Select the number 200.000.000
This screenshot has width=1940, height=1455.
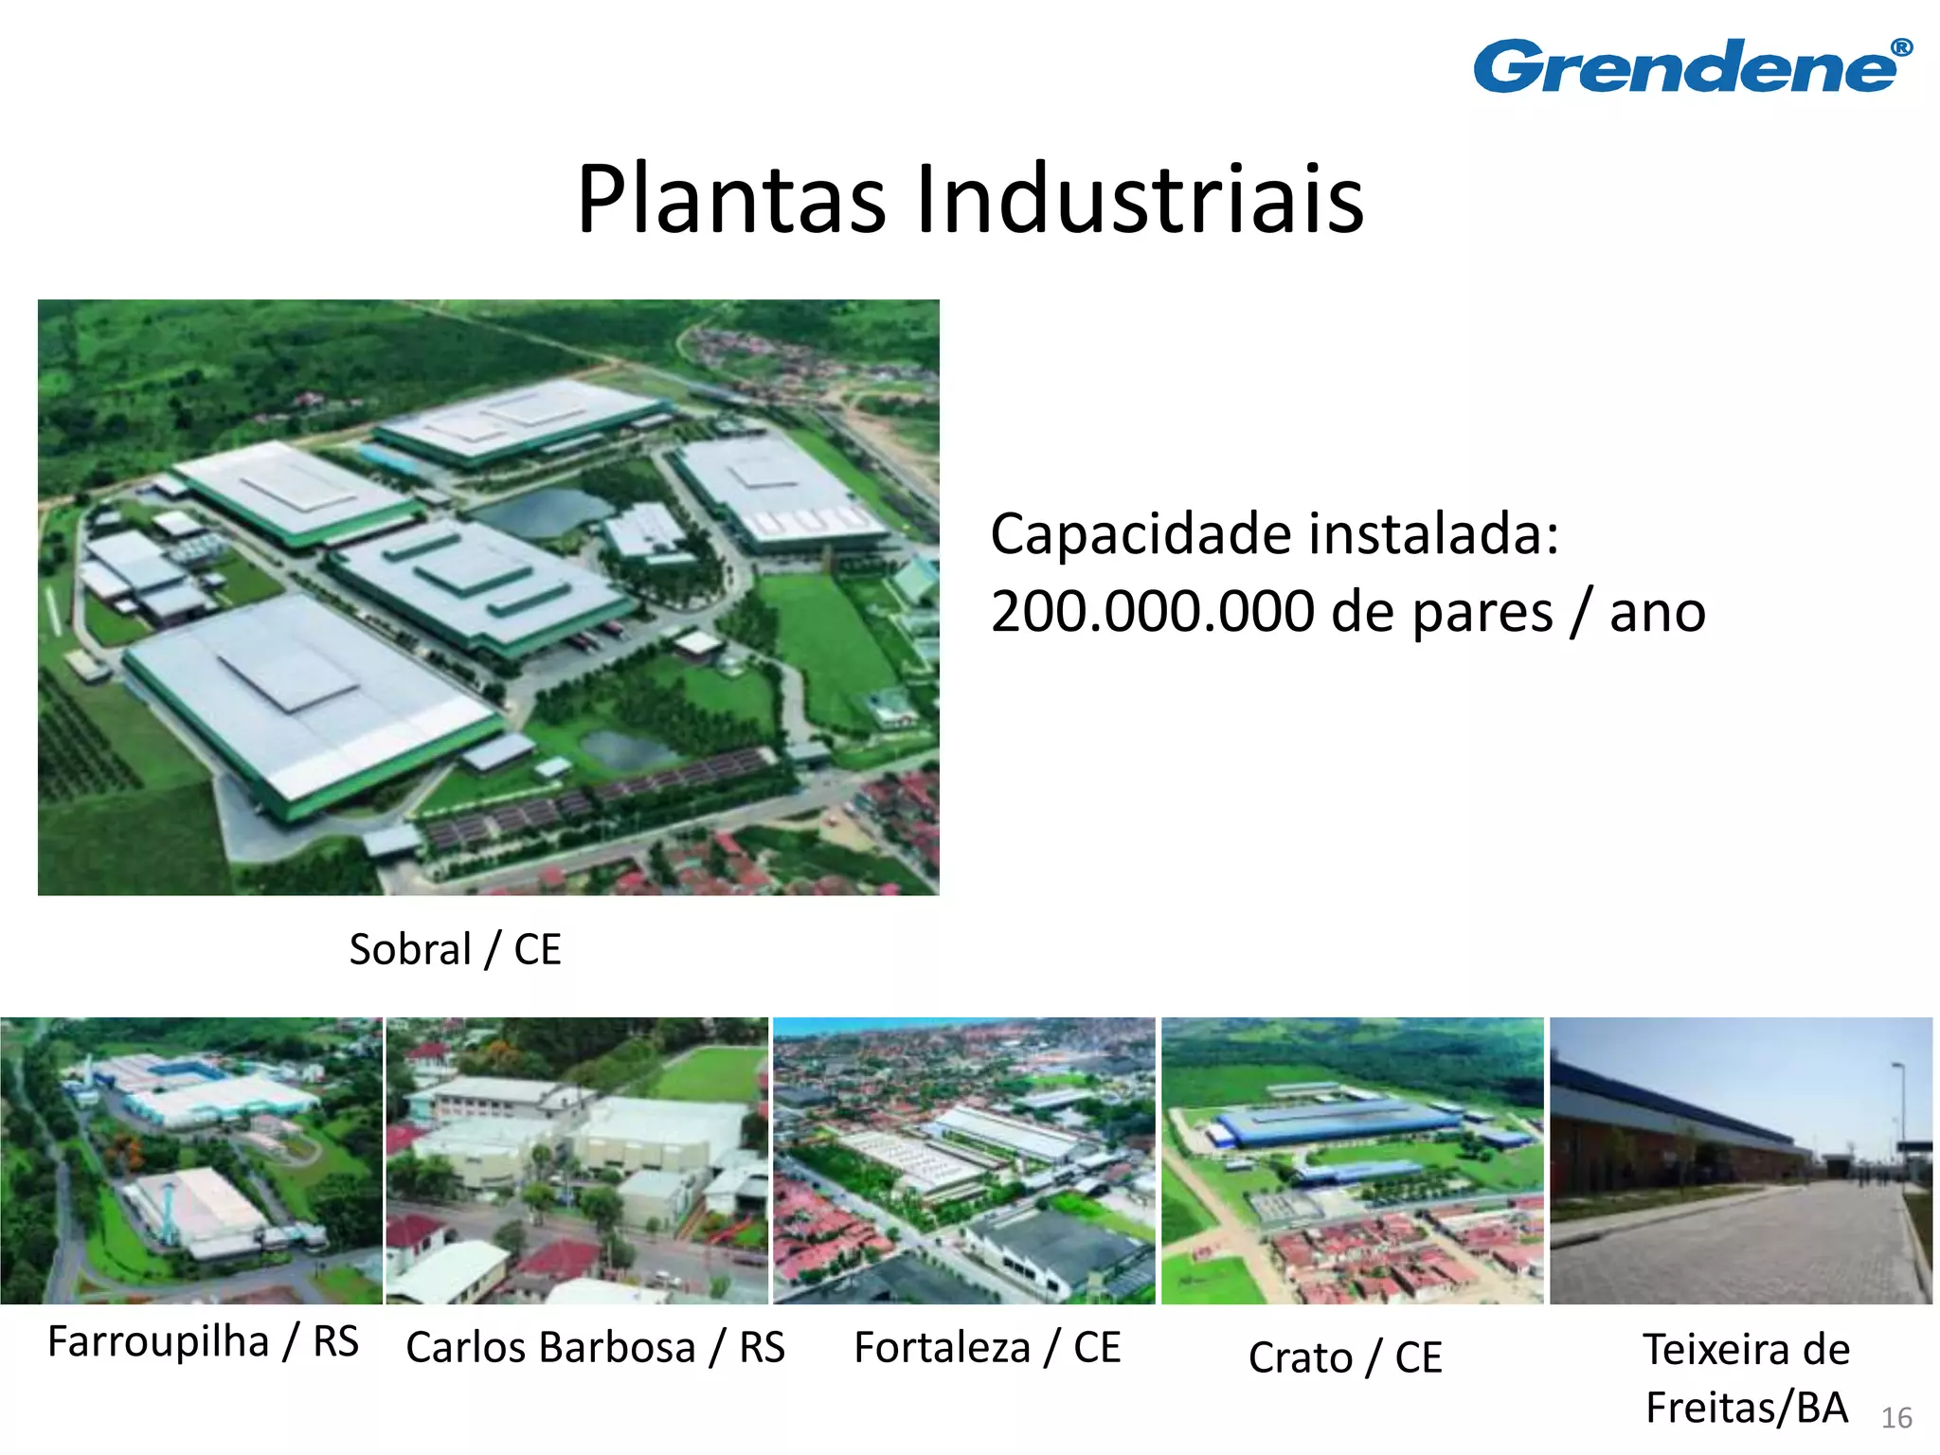tap(1152, 612)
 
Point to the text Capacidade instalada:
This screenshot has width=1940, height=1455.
tap(1274, 534)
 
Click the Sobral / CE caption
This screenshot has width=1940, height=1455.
tap(455, 949)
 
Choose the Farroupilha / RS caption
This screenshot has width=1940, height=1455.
tap(203, 1342)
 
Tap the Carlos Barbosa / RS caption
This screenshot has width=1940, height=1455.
tap(595, 1347)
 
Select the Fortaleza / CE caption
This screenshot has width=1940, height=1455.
tap(987, 1347)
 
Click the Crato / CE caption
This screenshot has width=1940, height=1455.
tap(1345, 1357)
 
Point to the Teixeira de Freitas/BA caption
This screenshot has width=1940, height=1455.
tap(1746, 1378)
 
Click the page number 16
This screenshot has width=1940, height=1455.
tap(1896, 1418)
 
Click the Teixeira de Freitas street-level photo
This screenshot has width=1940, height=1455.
tap(1741, 1160)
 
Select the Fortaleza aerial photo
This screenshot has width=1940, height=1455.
tap(964, 1160)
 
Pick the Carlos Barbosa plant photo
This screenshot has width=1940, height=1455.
tap(577, 1160)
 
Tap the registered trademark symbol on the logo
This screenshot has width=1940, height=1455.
tap(1901, 48)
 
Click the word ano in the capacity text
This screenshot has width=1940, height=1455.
tap(1658, 612)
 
